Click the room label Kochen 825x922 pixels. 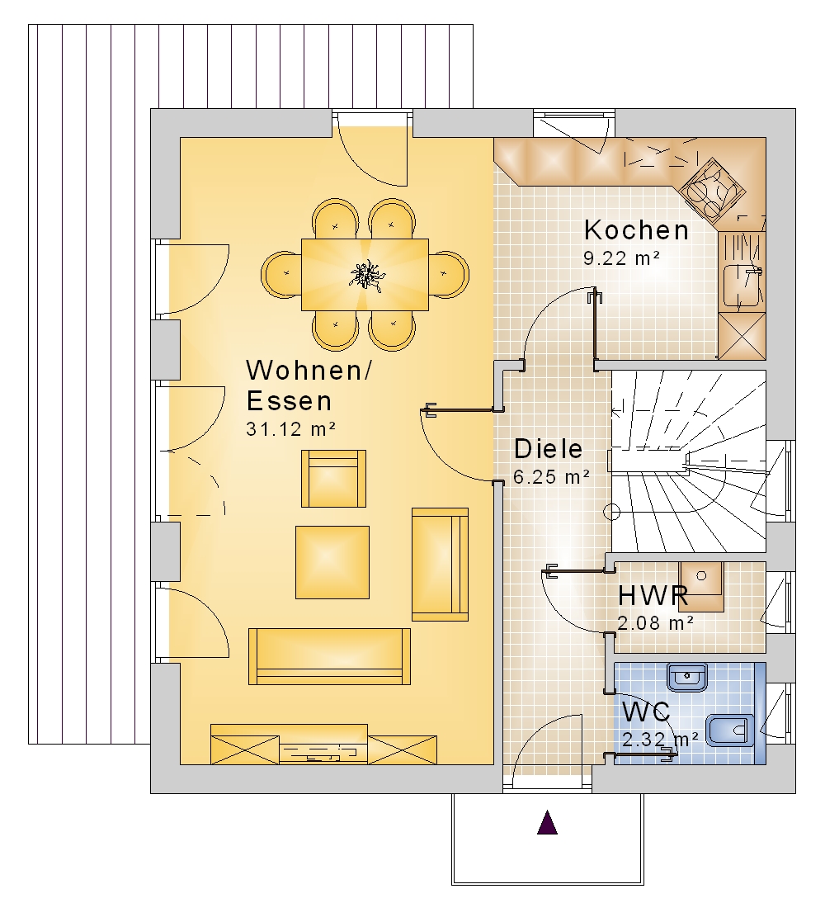[x=636, y=230]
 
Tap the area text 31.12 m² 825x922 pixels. [x=291, y=428]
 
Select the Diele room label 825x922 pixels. [x=549, y=449]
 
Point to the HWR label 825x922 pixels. [x=653, y=596]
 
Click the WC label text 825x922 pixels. [x=646, y=712]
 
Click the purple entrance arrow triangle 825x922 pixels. [x=547, y=823]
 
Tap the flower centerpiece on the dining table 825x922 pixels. [x=366, y=274]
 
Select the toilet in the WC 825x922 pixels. [x=729, y=731]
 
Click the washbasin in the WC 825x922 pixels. [x=687, y=678]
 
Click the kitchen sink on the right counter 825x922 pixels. [x=742, y=286]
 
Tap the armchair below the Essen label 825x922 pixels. [x=334, y=479]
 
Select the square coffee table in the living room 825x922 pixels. [x=332, y=562]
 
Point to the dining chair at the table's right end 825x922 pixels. [x=448, y=274]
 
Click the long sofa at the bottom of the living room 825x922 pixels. [x=330, y=656]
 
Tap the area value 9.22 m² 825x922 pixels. [x=621, y=258]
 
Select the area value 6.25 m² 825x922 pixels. [x=551, y=477]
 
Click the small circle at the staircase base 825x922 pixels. [x=612, y=512]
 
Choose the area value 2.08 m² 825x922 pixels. [x=655, y=622]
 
